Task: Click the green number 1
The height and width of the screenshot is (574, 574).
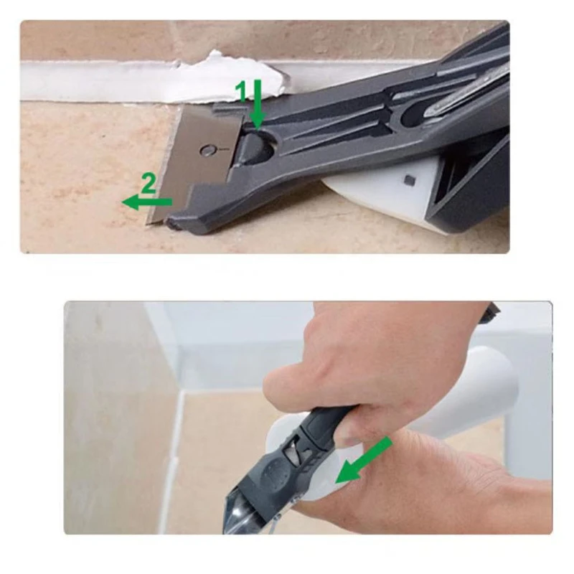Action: coord(242,90)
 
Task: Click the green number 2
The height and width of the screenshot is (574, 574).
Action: coord(147,184)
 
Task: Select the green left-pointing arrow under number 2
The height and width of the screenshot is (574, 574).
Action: coord(147,202)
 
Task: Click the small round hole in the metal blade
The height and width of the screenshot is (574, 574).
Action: coord(207,150)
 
